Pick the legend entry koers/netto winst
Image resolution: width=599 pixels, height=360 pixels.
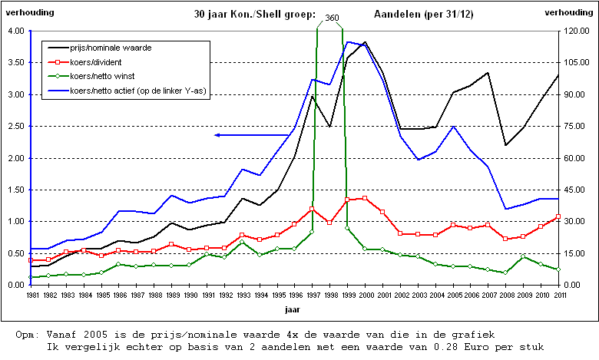click(102, 77)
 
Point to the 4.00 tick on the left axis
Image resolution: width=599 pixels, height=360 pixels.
click(15, 31)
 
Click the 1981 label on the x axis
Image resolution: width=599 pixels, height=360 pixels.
click(31, 295)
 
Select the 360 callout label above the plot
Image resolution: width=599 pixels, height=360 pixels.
click(332, 17)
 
